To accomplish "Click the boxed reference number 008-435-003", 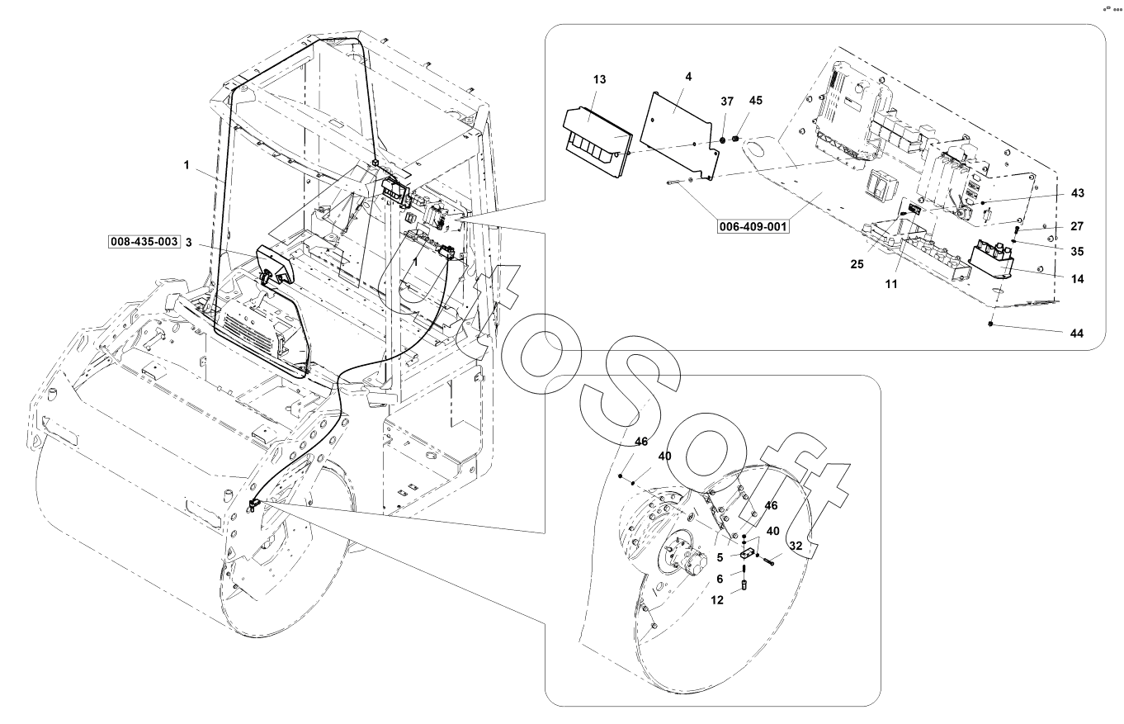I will (144, 242).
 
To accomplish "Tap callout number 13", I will (599, 79).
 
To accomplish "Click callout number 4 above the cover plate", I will (688, 76).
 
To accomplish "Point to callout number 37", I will (726, 101).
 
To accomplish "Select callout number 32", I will (796, 547).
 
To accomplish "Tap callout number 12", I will (718, 601).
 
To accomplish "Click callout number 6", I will (720, 580).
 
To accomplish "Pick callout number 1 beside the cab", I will (187, 165).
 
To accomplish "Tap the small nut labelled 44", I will (990, 325).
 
